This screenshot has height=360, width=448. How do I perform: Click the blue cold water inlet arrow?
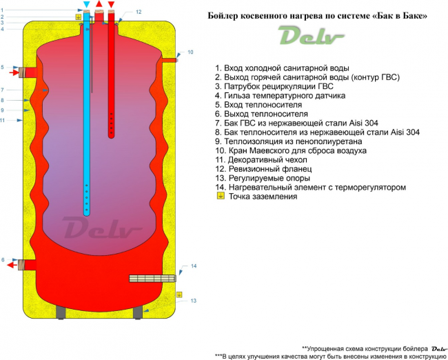click(87, 5)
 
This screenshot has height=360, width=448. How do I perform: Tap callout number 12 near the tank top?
click(139, 12)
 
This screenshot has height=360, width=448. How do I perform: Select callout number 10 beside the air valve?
click(190, 52)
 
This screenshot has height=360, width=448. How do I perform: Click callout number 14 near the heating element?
click(194, 266)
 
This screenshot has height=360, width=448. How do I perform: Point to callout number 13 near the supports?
click(194, 301)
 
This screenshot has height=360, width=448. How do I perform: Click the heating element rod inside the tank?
click(152, 278)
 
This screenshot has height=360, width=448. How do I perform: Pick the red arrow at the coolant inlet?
click(14, 72)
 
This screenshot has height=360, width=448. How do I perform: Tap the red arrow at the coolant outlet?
click(12, 265)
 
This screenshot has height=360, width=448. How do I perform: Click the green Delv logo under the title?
click(311, 35)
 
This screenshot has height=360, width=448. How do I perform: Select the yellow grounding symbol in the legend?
click(221, 196)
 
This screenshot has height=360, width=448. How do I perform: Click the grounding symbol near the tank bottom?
click(179, 294)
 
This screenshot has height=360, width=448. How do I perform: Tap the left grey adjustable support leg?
click(61, 312)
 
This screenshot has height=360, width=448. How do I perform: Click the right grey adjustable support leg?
click(138, 312)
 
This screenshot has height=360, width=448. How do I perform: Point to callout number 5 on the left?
click(2, 67)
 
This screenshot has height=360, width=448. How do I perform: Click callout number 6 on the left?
click(3, 259)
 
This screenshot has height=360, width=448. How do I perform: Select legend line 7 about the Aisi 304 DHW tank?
click(296, 123)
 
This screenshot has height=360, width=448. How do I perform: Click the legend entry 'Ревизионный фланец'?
click(270, 169)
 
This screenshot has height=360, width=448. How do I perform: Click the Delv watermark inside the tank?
click(102, 228)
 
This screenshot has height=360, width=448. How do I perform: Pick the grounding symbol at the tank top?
click(79, 17)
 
